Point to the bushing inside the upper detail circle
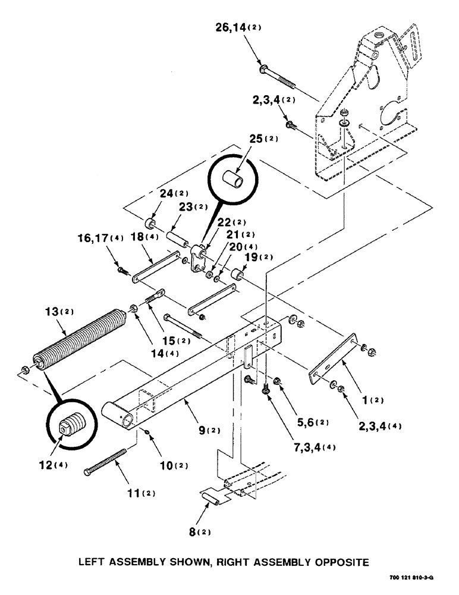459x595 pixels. [x=234, y=177]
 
